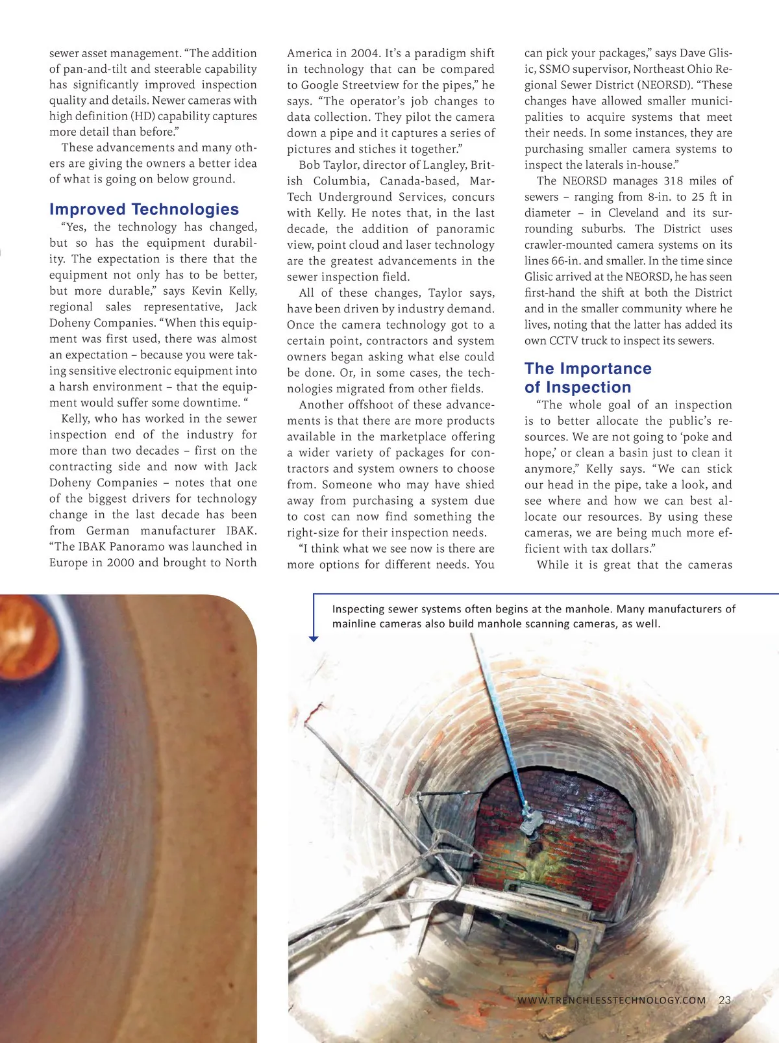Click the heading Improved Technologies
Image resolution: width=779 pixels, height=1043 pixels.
144,209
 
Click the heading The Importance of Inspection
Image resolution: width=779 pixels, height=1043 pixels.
587,378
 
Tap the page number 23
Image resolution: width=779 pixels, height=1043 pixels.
725,1000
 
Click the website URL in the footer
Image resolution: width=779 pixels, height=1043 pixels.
612,1000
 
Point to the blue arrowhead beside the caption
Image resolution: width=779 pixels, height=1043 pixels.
314,639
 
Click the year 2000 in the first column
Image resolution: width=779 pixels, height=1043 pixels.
120,562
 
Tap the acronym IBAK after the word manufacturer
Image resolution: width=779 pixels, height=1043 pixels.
241,531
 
